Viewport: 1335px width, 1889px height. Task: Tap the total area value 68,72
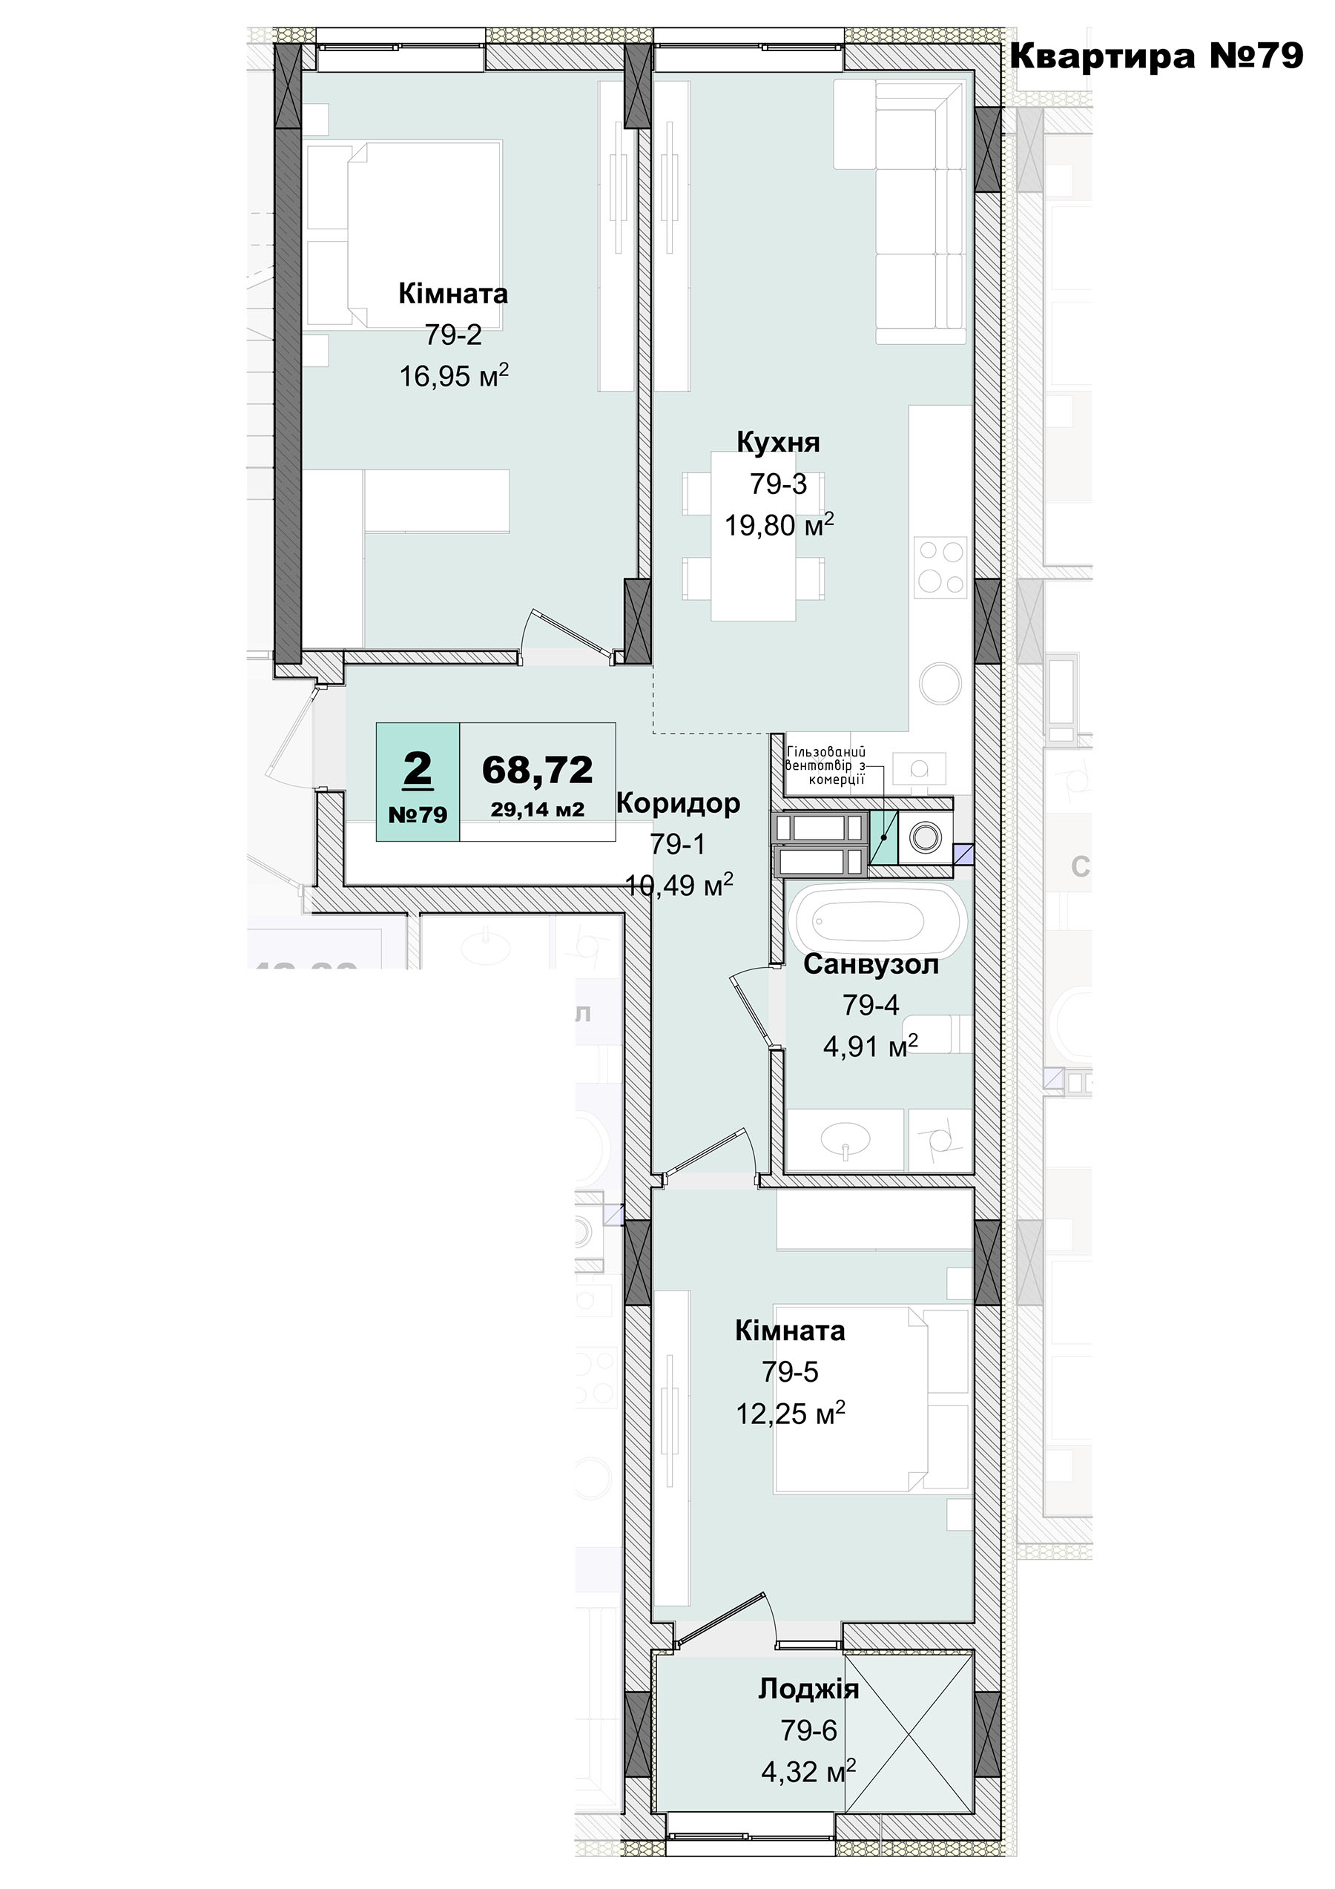click(537, 769)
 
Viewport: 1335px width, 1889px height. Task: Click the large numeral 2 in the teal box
click(418, 770)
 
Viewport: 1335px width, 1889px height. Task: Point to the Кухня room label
click(778, 443)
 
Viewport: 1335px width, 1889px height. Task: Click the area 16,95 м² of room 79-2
click(454, 375)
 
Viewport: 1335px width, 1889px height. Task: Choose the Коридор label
click(678, 803)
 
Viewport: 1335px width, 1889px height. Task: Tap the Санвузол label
click(871, 964)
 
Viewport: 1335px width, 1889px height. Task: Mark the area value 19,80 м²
click(779, 524)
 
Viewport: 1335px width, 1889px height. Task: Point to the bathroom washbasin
click(845, 1138)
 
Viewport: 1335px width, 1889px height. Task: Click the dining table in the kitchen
click(754, 548)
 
